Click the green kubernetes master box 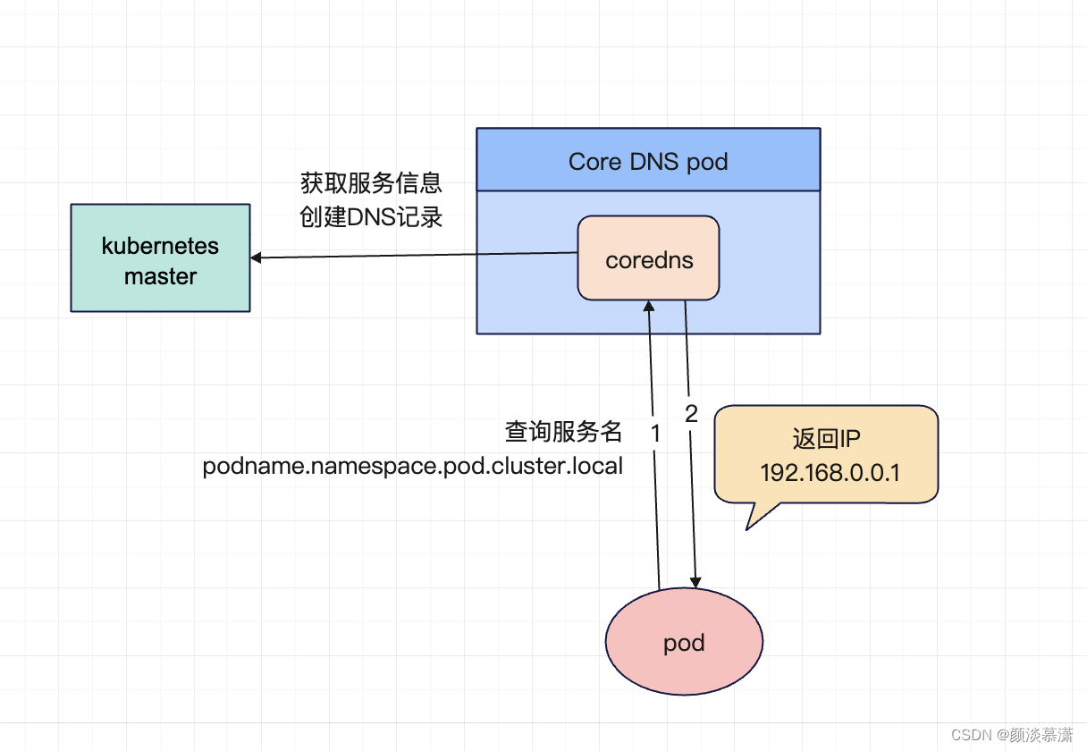[160, 257]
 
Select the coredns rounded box [648, 257]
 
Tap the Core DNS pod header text [648, 162]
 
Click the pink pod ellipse [684, 641]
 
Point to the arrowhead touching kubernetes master [256, 257]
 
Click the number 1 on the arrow [655, 433]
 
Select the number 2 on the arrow [691, 414]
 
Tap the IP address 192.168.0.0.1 [830, 472]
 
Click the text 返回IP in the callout [826, 438]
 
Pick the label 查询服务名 [563, 431]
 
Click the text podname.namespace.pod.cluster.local [412, 467]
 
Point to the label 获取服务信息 [371, 183]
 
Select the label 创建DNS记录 [371, 216]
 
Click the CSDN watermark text [1012, 735]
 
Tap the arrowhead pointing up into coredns [649, 306]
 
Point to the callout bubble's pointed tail [747, 528]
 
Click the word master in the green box [160, 277]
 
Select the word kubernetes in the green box [160, 246]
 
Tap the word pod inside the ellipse [684, 644]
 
